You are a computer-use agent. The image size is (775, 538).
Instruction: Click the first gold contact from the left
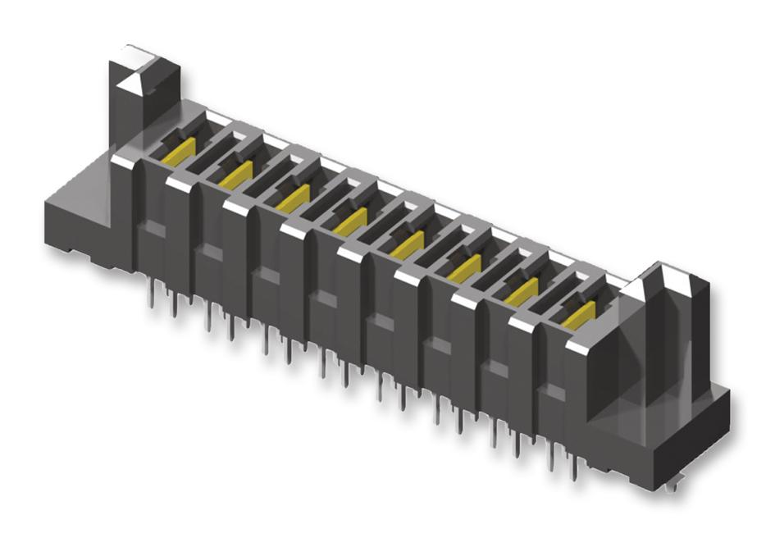[179, 152]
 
